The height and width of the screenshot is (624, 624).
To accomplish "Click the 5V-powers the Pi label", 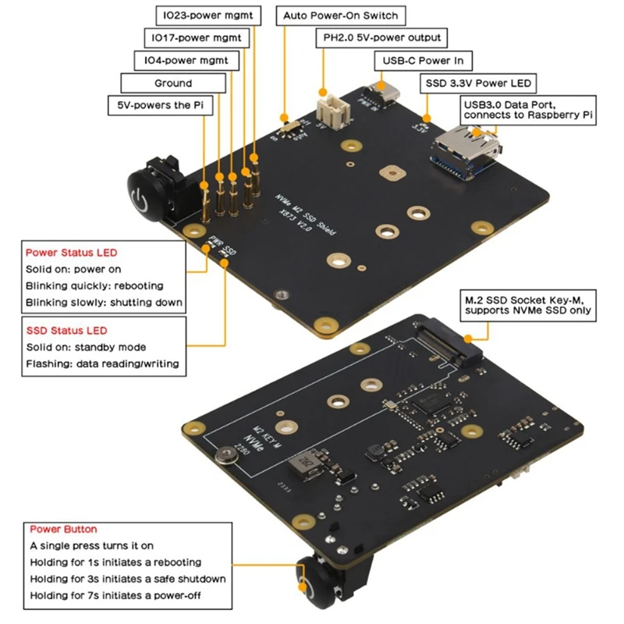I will coord(159,105).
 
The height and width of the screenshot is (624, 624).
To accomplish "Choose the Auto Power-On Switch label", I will coord(340,16).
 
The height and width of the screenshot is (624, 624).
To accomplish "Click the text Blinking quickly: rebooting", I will coord(94,285).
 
